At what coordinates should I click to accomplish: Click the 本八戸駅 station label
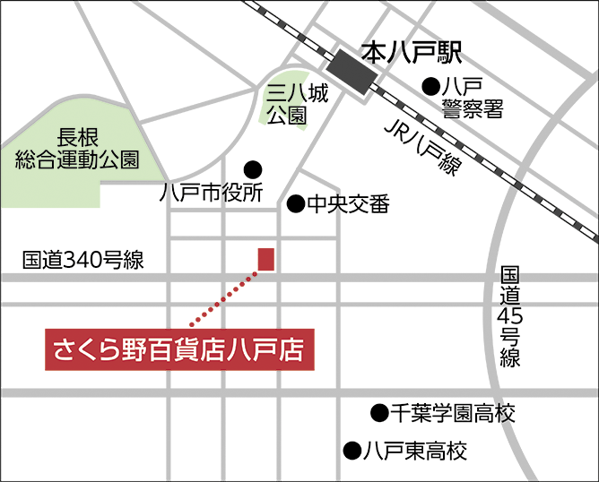click(x=411, y=53)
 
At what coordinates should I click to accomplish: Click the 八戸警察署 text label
click(x=472, y=98)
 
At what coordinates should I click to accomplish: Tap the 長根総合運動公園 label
click(x=78, y=149)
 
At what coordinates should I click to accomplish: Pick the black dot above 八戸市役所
click(x=253, y=168)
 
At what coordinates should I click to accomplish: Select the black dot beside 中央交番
click(x=294, y=205)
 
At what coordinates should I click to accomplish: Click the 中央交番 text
click(x=349, y=205)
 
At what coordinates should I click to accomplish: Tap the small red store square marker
click(x=266, y=258)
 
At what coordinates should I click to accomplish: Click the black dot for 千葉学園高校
click(x=378, y=413)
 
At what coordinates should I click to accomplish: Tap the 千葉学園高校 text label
click(x=454, y=413)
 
